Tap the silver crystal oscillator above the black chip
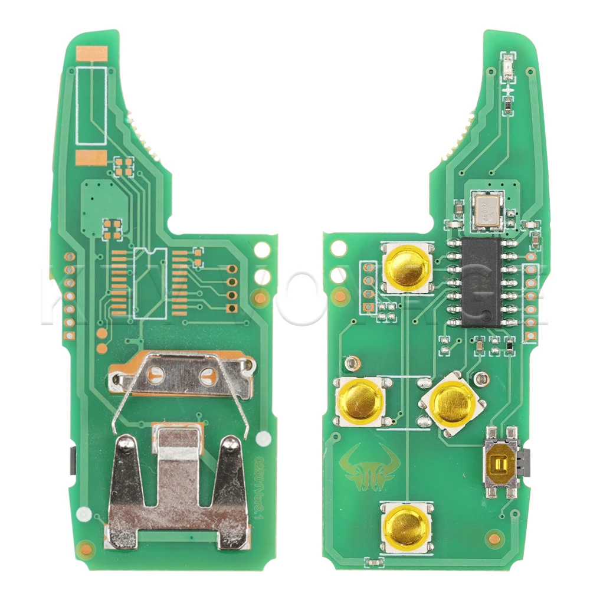[x=489, y=210]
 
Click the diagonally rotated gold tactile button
[x=453, y=404]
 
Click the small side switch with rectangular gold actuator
[x=501, y=464]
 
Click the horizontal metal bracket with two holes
[x=182, y=373]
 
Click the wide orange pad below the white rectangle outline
[x=91, y=158]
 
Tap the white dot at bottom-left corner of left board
[x=84, y=513]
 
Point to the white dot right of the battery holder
[x=264, y=438]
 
